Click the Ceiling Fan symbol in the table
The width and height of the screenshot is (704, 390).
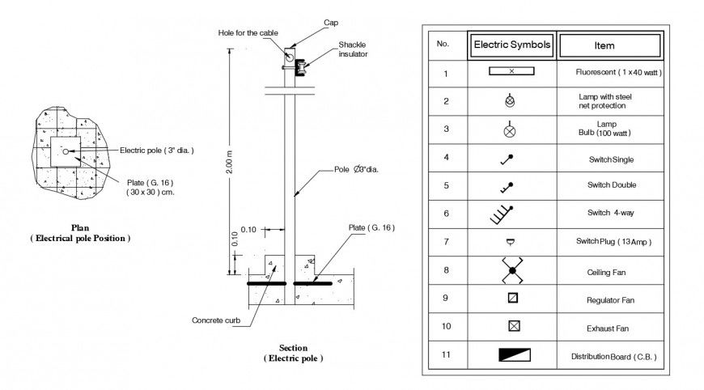click(511, 271)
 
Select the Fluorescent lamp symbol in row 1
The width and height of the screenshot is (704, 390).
click(511, 72)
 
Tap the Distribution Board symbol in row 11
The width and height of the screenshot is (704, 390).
click(511, 355)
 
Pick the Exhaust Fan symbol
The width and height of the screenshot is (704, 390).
click(512, 328)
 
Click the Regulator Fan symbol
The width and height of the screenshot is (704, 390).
click(512, 299)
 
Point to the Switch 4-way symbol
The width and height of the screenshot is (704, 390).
click(503, 214)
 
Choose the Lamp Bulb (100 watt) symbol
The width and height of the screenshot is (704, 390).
click(510, 129)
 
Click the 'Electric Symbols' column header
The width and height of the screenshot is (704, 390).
click(511, 45)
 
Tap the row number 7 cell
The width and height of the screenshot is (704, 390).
click(444, 242)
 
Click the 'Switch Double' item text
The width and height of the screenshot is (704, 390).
click(611, 185)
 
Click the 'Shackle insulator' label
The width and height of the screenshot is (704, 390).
click(353, 49)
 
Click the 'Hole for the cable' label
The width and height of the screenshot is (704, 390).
click(248, 33)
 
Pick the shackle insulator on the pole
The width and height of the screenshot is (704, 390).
click(302, 67)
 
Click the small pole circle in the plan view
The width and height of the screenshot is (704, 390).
click(66, 151)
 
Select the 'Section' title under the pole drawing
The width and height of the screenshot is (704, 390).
click(292, 348)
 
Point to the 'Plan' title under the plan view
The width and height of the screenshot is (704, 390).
click(80, 228)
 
